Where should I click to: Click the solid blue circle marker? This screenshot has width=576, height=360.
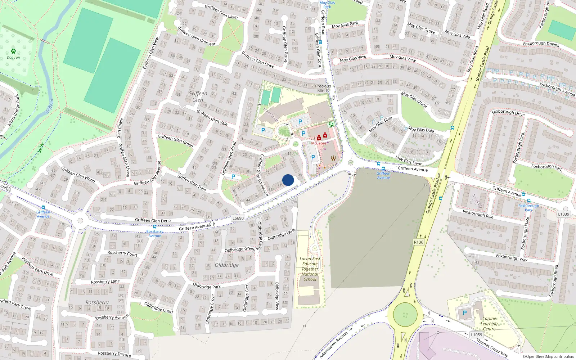point(288,180)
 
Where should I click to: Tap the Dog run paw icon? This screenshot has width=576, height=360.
point(13,51)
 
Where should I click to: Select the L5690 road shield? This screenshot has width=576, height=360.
point(238,218)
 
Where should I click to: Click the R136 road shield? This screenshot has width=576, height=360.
point(419,242)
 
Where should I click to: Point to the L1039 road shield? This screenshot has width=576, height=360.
point(564,214)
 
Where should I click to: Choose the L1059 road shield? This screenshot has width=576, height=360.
point(476,335)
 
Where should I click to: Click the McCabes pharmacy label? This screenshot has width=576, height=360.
point(319,143)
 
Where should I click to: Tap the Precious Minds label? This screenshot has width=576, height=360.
point(323,89)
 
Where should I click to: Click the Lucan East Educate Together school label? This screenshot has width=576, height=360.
point(310,269)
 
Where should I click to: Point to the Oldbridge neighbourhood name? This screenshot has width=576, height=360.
point(227,265)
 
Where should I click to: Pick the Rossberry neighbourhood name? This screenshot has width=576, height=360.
point(97,302)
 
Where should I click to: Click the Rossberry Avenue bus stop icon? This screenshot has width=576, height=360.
point(155,227)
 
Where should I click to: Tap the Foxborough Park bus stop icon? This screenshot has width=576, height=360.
point(528,201)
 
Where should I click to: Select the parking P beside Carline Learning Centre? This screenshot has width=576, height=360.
point(464,313)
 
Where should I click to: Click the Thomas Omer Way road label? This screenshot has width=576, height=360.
point(492,347)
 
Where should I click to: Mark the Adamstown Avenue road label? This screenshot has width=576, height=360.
point(334,345)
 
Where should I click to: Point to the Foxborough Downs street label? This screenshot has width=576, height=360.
point(541,44)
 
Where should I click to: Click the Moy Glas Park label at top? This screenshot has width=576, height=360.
point(345,25)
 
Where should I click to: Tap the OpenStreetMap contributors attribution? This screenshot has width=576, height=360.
point(548,357)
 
